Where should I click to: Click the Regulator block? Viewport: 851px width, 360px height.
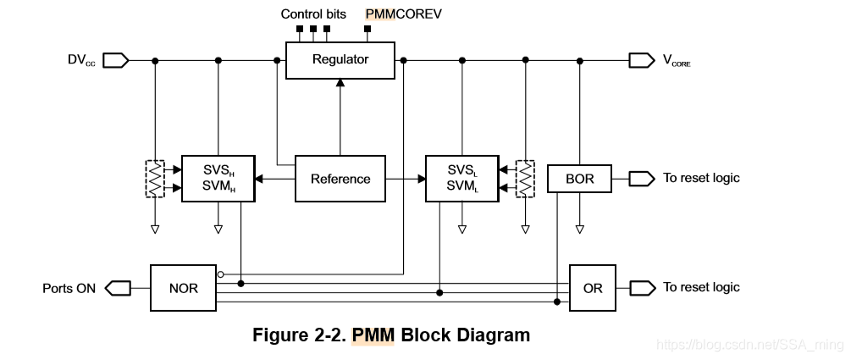(340, 59)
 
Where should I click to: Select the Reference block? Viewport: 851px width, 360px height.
(340, 179)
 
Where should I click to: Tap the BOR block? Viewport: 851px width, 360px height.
(579, 179)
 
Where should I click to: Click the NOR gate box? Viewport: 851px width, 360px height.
(183, 288)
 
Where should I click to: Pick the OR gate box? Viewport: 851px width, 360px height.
(593, 288)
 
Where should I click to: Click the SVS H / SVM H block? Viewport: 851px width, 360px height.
(218, 179)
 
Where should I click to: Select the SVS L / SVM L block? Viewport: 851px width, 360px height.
(461, 179)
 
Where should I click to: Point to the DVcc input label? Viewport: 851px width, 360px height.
(82, 60)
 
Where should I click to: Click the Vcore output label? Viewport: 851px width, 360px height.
(676, 61)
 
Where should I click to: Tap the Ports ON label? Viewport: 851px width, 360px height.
(69, 288)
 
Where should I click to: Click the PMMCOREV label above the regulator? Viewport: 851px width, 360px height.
(403, 14)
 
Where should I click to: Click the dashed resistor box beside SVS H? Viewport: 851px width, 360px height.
(156, 179)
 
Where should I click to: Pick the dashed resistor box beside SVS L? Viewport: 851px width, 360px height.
(525, 179)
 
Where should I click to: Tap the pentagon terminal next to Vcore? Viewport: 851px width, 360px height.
(641, 60)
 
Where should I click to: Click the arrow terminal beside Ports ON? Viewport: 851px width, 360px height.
(117, 288)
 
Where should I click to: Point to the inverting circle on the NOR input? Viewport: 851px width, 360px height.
(221, 274)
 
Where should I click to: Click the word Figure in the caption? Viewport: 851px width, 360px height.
(280, 335)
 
